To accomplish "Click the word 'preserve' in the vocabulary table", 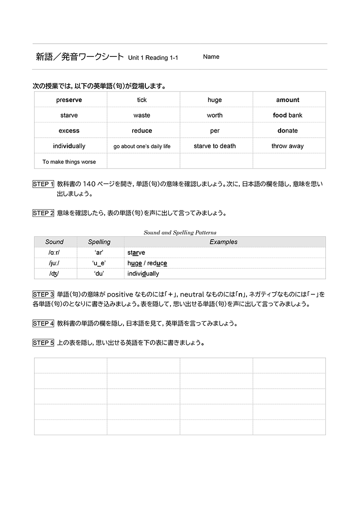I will click(69, 100).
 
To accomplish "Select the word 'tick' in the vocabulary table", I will click(142, 100).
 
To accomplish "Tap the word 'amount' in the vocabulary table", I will click(288, 100).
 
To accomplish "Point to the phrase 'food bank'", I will click(288, 115).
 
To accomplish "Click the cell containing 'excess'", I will click(69, 131).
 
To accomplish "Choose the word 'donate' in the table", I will click(288, 131).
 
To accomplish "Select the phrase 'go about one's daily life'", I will click(142, 146).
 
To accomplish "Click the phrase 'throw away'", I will click(288, 146).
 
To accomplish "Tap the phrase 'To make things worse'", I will click(69, 162).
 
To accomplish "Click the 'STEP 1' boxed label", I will click(43, 185).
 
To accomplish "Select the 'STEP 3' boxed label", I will click(43, 294).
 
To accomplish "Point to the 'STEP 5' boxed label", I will click(43, 343).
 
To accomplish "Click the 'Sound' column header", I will click(54, 242).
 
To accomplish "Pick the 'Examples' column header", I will click(223, 242).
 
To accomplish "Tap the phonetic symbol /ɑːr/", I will click(54, 252).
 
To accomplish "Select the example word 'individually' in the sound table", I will click(143, 274).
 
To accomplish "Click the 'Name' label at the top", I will click(211, 57).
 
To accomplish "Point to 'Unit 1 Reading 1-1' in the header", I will click(153, 58).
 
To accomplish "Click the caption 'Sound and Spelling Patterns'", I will click(180, 232).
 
